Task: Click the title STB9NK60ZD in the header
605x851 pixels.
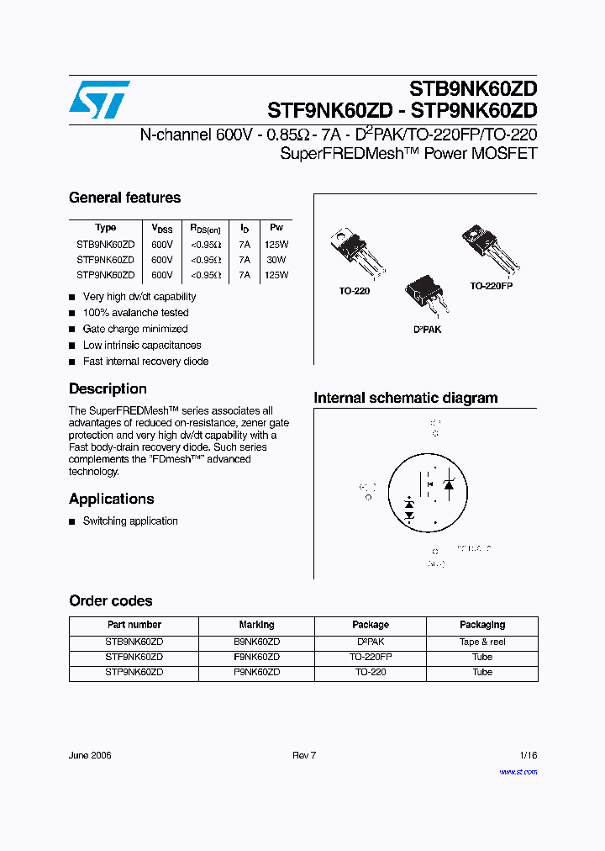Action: click(473, 89)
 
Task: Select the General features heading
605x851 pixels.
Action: click(124, 198)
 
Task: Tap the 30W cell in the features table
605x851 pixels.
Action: click(276, 260)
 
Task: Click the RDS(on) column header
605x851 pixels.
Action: click(204, 228)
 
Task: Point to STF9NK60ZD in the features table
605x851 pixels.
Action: click(105, 260)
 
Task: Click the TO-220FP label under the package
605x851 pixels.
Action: click(491, 286)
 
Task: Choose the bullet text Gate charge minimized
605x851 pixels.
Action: click(135, 329)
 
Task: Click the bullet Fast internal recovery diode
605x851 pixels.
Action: click(145, 361)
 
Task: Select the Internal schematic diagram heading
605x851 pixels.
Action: click(405, 398)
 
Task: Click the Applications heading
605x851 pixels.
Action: click(111, 499)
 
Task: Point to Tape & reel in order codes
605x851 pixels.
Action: click(482, 642)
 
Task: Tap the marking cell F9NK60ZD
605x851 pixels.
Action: click(256, 657)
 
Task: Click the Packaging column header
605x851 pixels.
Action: click(482, 625)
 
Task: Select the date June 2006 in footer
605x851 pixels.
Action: click(90, 755)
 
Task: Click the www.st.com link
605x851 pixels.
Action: click(518, 771)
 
